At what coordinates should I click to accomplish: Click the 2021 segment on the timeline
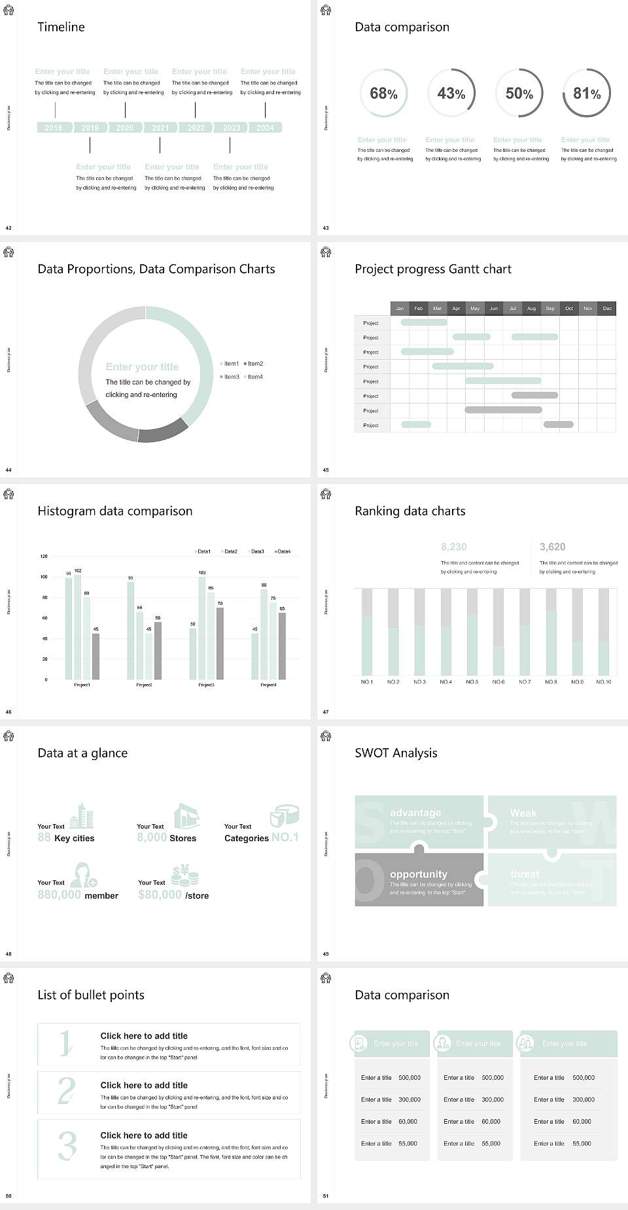click(160, 128)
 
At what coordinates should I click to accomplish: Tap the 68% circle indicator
click(384, 94)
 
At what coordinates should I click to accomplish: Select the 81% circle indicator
click(587, 94)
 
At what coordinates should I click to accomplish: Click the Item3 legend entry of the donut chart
click(230, 377)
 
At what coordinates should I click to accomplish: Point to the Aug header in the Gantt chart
click(531, 308)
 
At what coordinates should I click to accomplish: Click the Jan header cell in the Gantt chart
click(400, 308)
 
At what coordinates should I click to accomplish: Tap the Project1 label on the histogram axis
click(82, 685)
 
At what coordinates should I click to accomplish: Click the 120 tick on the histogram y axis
click(44, 557)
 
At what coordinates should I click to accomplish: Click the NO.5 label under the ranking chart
click(472, 682)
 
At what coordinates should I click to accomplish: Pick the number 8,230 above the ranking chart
click(454, 547)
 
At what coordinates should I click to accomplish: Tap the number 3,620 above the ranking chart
click(553, 547)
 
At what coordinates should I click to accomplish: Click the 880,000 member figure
click(60, 895)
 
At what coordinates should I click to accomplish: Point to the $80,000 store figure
click(160, 895)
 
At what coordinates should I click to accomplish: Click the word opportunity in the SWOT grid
click(419, 874)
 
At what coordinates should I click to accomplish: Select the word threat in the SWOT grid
click(525, 874)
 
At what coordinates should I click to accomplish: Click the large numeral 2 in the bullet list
click(67, 1091)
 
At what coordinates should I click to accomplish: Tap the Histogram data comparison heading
click(115, 511)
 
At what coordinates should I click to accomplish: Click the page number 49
click(326, 954)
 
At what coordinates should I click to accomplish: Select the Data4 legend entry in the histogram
click(283, 551)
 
